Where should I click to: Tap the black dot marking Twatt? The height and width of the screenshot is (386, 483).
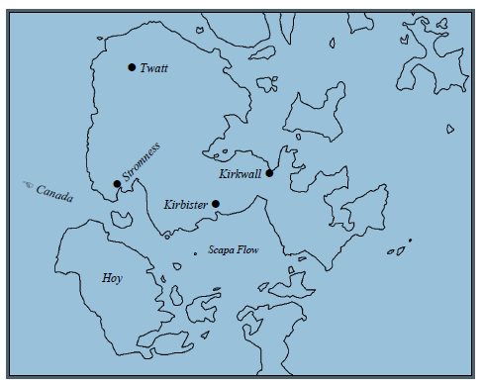[132, 67]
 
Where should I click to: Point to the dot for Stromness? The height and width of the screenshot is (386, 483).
[117, 184]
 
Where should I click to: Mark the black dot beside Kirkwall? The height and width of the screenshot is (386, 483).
[269, 173]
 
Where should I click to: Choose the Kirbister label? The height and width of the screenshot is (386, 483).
[186, 205]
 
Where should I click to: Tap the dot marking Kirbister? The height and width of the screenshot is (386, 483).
[216, 205]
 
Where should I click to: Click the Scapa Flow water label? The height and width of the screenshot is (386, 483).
[234, 250]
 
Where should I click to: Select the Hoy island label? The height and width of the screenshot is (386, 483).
[112, 278]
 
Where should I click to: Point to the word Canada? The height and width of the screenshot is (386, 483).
[55, 195]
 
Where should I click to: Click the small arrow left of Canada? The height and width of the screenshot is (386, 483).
[29, 185]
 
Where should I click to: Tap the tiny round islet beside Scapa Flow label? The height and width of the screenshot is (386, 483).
[196, 253]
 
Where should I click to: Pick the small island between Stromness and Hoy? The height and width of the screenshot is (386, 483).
[123, 218]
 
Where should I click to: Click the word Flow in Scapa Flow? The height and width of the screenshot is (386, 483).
[247, 250]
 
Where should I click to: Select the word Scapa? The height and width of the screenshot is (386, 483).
[221, 250]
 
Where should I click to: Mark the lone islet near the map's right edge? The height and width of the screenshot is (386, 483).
[450, 129]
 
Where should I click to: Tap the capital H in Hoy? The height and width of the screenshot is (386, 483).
[106, 278]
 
